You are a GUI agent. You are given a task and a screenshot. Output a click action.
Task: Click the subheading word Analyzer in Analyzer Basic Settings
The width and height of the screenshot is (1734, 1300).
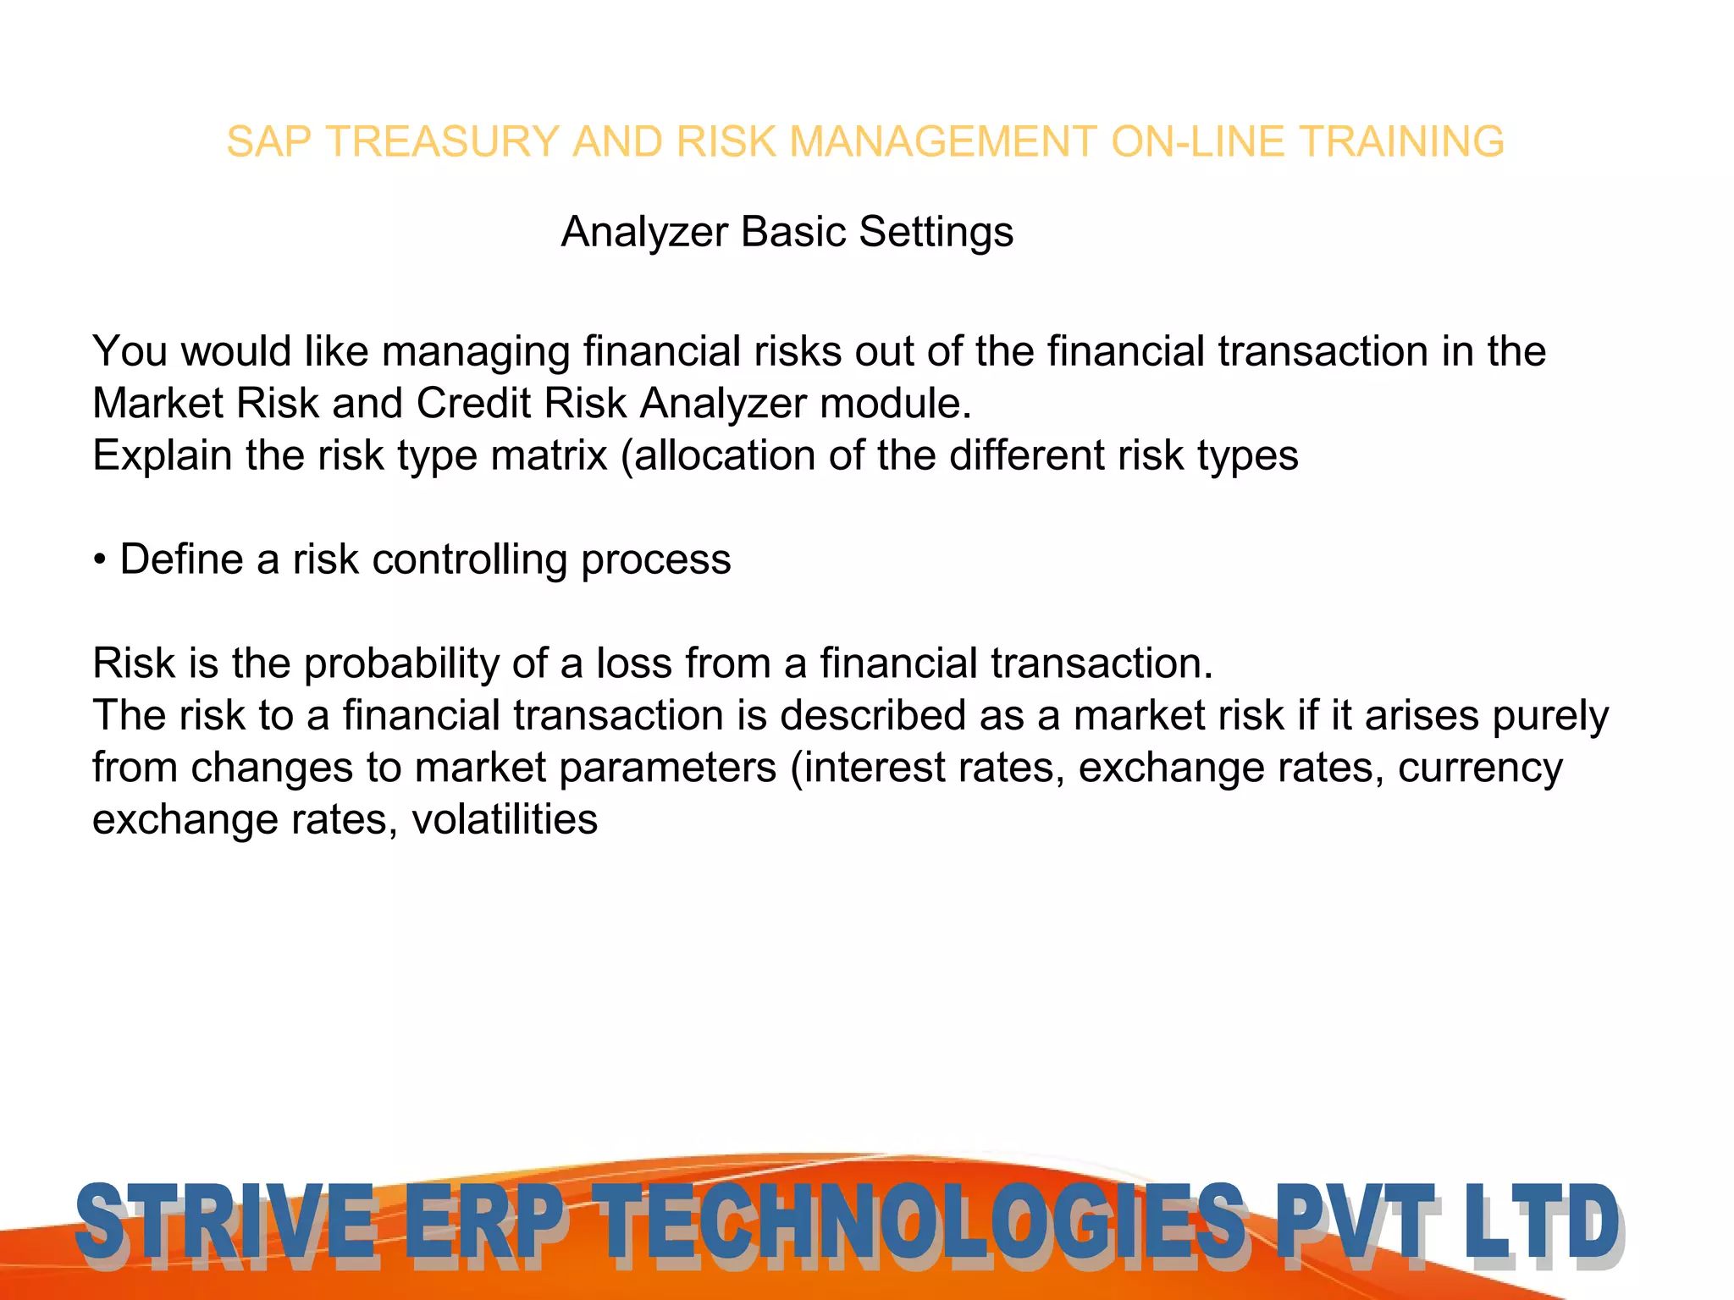pos(644,232)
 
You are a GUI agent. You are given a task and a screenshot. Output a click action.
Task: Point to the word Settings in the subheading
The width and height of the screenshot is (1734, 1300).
pos(936,232)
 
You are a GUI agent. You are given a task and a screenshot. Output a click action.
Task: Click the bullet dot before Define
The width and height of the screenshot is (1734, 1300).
pos(100,560)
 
